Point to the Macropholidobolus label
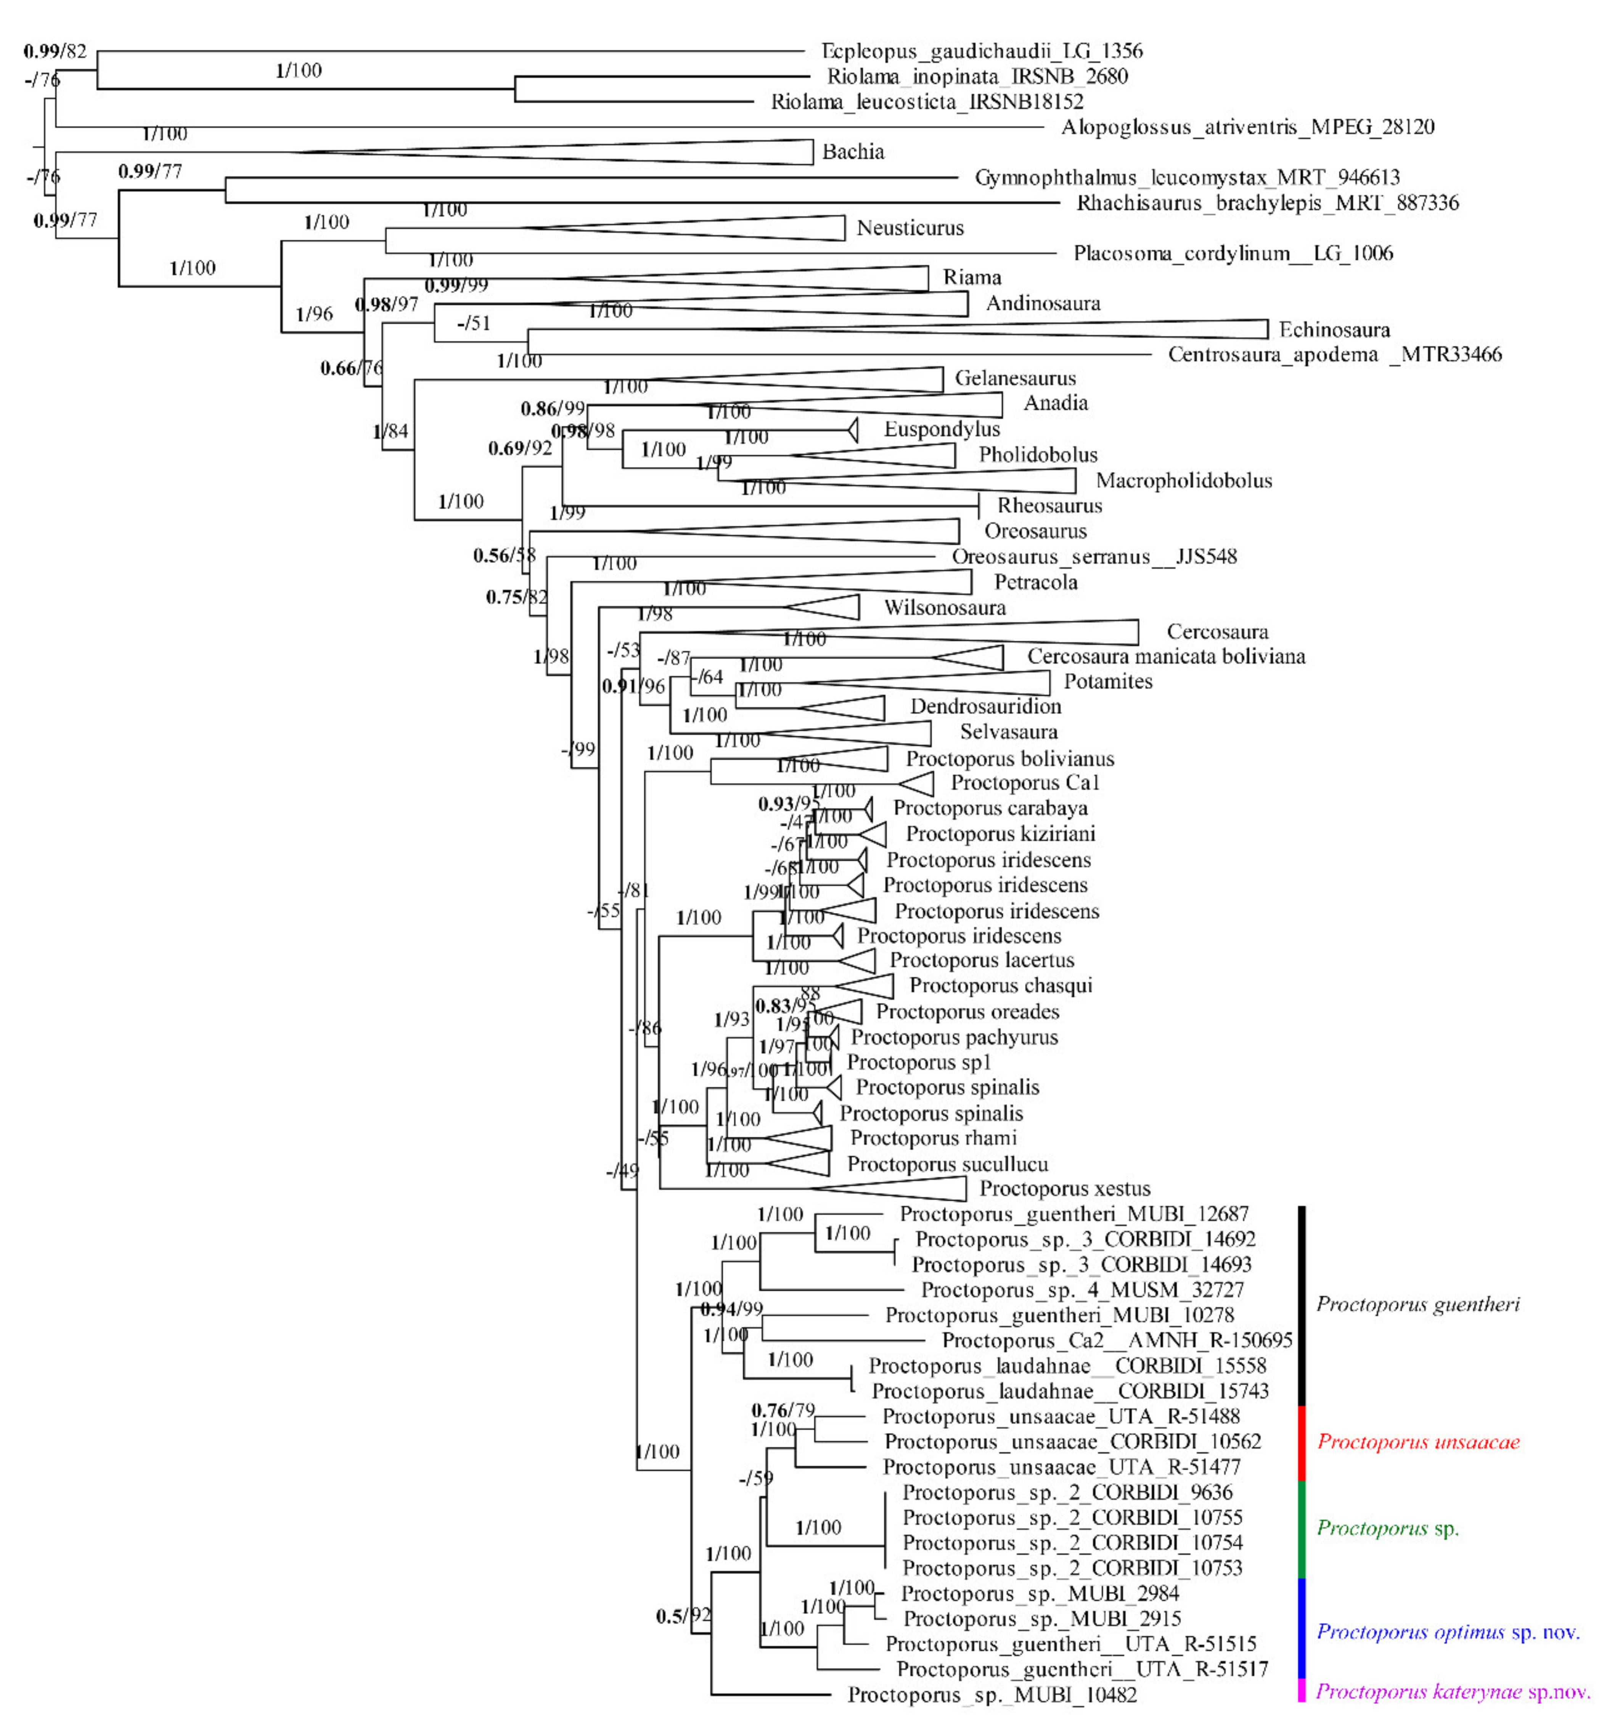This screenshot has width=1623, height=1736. coord(1183,480)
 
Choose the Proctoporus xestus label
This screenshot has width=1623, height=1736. coord(1064,1188)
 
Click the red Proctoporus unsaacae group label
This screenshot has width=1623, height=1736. coord(1418,1442)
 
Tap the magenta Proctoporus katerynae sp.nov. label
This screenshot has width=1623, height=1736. coord(1452,1691)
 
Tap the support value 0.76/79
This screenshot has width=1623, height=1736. coord(782,1410)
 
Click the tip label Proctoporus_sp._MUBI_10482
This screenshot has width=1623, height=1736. coord(992,1695)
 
